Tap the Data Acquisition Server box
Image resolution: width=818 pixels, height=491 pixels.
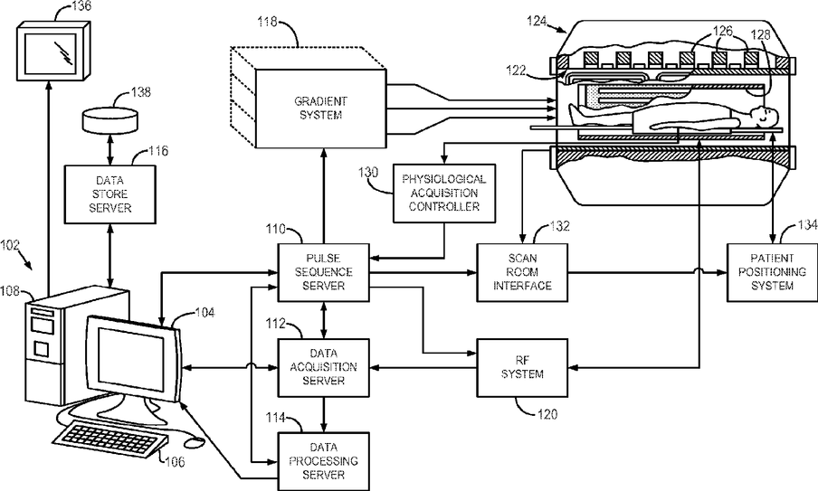[323, 367]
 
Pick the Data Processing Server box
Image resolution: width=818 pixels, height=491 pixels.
[323, 460]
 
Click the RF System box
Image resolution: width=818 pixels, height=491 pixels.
[522, 367]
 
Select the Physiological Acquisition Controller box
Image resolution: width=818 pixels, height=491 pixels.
[443, 194]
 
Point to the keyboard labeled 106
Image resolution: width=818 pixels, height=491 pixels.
[113, 443]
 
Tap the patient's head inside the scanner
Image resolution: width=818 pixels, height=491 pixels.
[763, 116]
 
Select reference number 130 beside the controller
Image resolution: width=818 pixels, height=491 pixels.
[367, 175]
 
